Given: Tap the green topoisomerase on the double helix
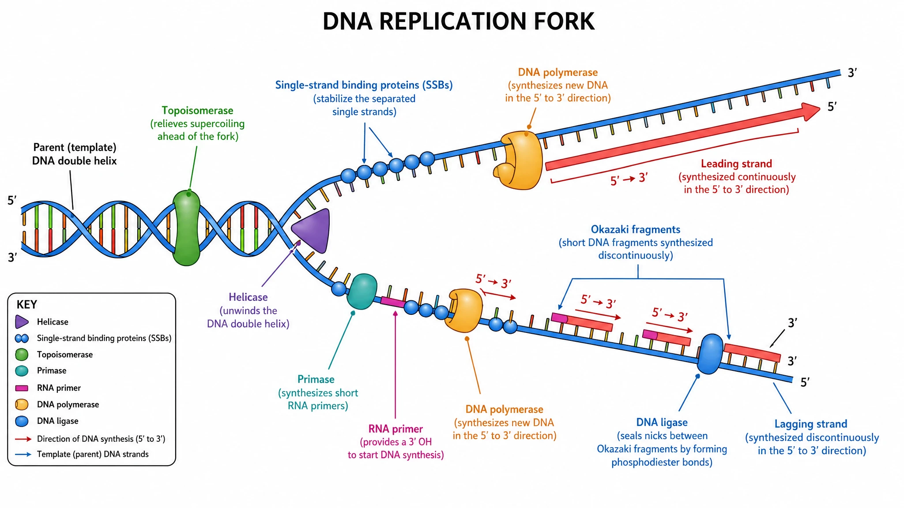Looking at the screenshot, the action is [x=186, y=228].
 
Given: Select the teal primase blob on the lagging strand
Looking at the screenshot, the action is [x=362, y=291].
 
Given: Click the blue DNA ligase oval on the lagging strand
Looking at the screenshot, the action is [x=710, y=354].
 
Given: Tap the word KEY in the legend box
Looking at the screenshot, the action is [x=26, y=305].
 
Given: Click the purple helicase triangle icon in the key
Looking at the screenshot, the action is [x=22, y=322].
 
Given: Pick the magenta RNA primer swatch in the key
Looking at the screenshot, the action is [x=22, y=388].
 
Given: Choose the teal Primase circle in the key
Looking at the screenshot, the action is [x=22, y=371].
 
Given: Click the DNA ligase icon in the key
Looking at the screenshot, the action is [x=22, y=421].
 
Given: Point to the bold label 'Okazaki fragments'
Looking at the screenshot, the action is [x=636, y=229].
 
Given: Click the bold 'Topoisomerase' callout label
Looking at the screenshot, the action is [x=197, y=110].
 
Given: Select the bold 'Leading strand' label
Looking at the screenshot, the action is [x=736, y=164].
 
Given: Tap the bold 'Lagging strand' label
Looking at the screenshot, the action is [x=811, y=424].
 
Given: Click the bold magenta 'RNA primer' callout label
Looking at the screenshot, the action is [x=395, y=429].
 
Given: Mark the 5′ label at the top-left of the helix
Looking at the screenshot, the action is [x=12, y=201].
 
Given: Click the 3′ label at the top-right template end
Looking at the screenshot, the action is [x=852, y=73].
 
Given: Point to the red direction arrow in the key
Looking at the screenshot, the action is [x=23, y=439].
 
